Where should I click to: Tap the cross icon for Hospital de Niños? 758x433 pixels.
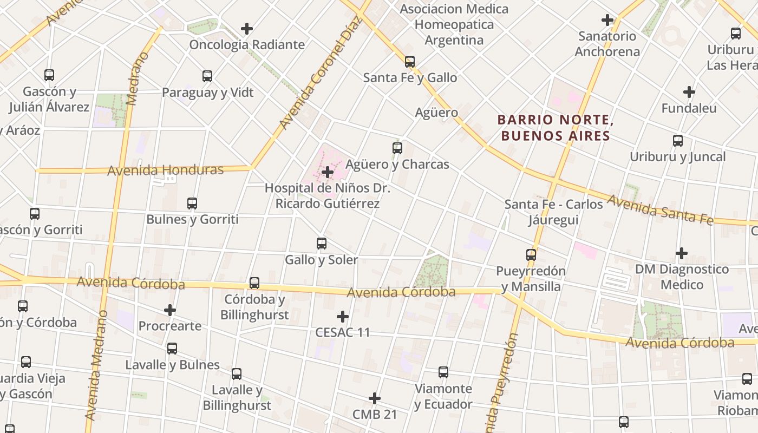(328, 172)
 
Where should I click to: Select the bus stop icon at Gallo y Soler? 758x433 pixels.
(322, 244)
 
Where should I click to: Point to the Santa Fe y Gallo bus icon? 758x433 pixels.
(410, 62)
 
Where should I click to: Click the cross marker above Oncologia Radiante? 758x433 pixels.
(247, 28)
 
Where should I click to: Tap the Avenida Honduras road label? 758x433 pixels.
(165, 170)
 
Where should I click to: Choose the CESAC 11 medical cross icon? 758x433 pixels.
(343, 316)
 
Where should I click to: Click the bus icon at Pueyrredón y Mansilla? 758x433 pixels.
(531, 254)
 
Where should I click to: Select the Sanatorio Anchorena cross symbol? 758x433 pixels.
(607, 20)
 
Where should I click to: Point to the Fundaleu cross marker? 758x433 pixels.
(689, 92)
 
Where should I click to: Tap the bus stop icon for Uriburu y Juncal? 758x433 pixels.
(678, 141)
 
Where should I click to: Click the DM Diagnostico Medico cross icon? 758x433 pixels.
(682, 253)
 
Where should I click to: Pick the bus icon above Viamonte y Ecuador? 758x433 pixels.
(443, 372)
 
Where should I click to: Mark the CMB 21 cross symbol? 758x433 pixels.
(375, 399)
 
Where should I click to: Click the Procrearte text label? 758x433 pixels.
(170, 326)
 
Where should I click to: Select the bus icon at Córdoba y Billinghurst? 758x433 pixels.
(254, 283)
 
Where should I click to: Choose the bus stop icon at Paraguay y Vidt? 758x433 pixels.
(207, 76)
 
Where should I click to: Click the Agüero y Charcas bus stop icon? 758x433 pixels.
(397, 148)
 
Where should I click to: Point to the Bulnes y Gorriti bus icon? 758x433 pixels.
(192, 204)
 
